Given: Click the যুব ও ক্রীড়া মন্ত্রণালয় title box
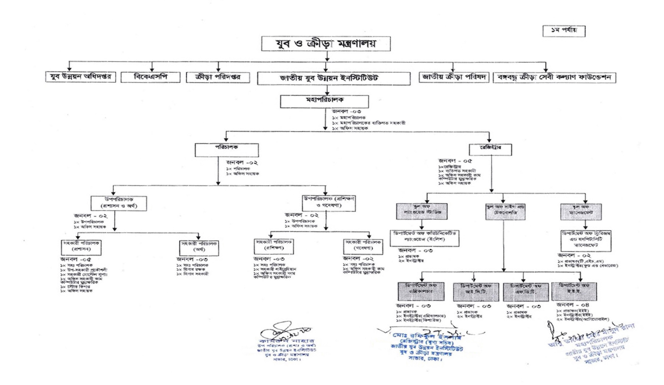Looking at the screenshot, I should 326,44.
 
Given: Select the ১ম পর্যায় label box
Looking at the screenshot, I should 564,31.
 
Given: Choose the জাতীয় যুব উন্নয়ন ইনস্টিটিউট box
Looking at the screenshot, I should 334,78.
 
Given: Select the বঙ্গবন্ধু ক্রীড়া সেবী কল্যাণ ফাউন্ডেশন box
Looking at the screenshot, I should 554,77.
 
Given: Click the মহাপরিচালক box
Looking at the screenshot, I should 324,102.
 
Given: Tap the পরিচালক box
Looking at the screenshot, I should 227,150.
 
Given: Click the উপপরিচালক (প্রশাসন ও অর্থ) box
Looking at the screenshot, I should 119,203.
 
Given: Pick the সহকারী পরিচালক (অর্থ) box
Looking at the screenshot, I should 199,248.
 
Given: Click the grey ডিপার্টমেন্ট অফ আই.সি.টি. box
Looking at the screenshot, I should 476,292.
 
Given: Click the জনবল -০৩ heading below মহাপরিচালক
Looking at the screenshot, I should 346,112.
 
